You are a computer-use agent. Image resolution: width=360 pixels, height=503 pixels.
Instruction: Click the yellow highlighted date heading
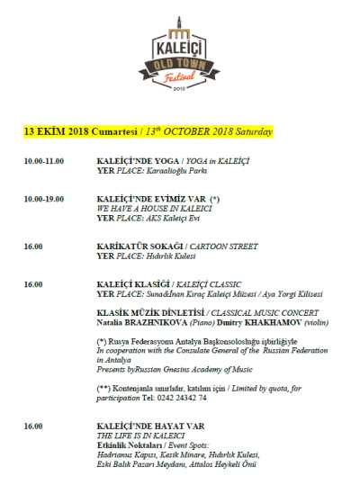(x=148, y=131)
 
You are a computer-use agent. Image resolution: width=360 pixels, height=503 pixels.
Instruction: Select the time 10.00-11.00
(x=44, y=160)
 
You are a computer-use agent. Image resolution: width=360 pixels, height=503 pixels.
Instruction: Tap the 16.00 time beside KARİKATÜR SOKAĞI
(x=33, y=246)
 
